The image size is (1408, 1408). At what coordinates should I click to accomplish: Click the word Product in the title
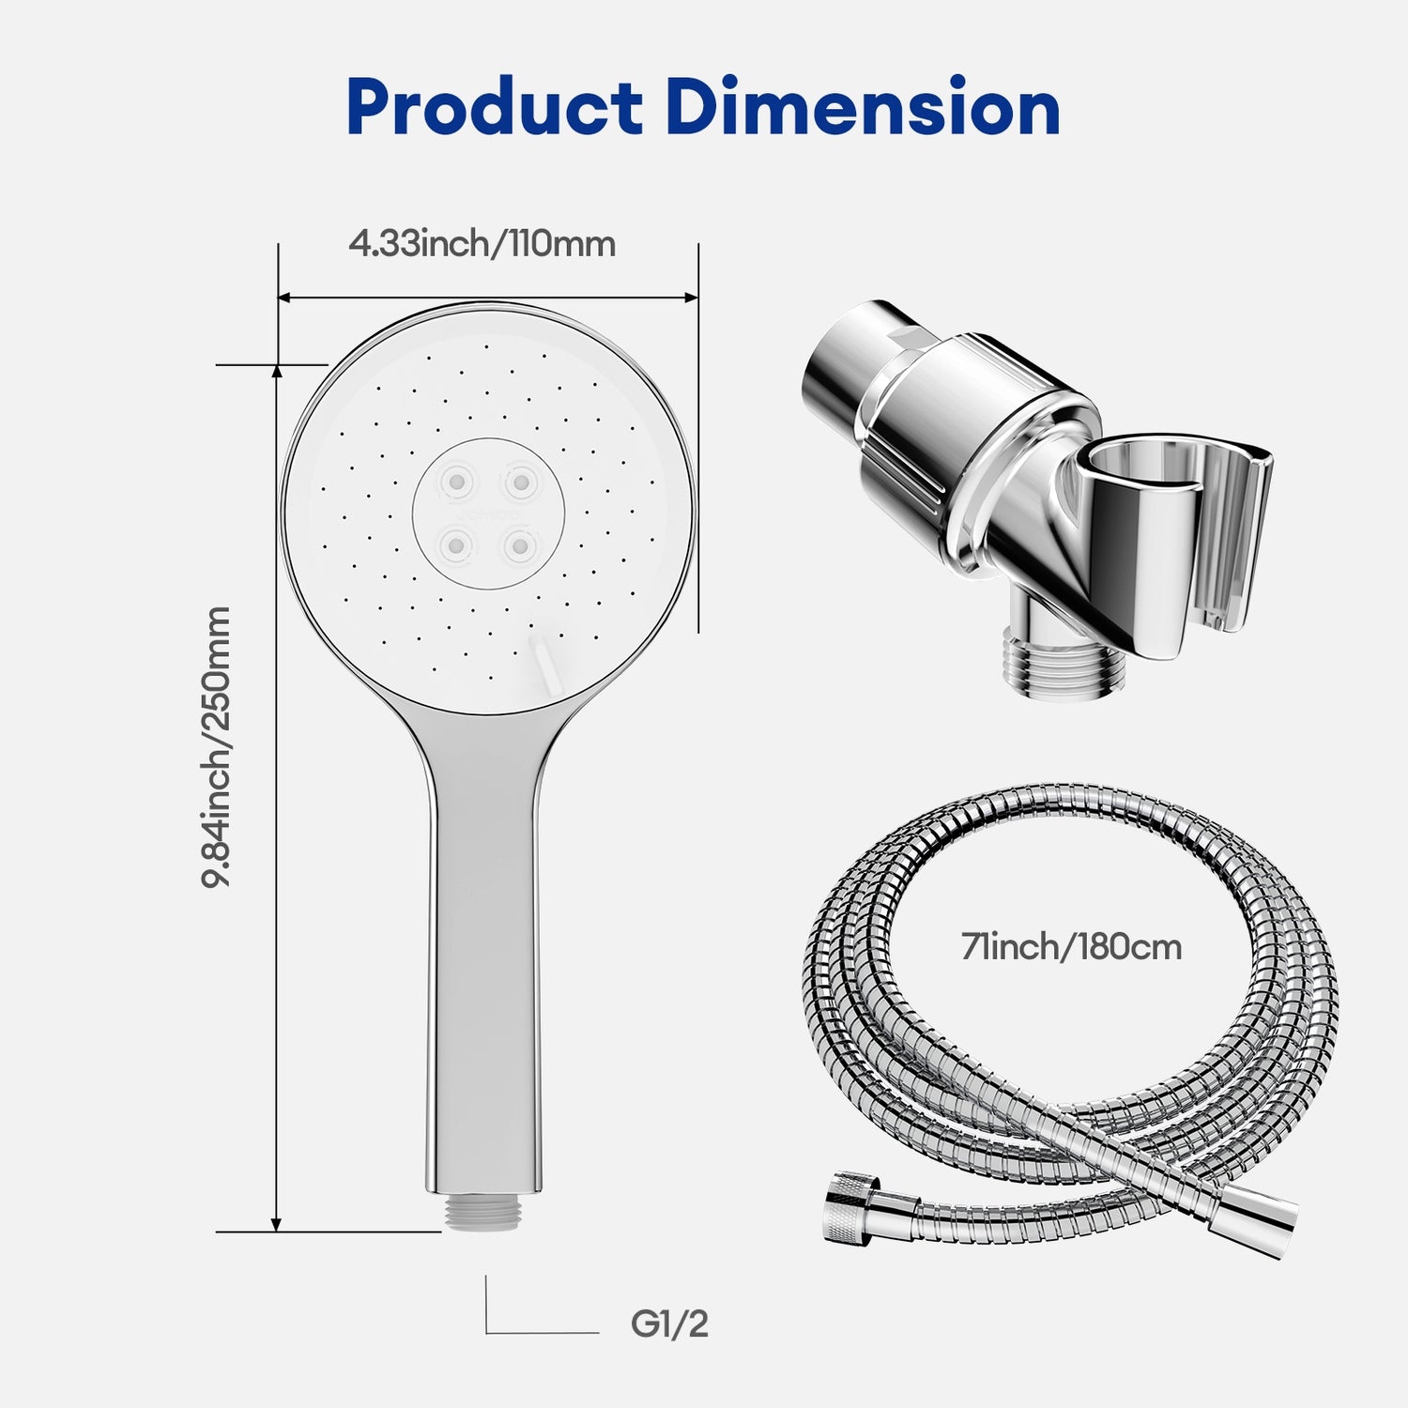pos(494,109)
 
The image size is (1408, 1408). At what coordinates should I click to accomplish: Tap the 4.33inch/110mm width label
pos(482,244)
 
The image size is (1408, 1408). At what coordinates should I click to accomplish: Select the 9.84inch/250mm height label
pos(218,746)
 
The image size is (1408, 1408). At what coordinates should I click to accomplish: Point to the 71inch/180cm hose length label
pos(1071,947)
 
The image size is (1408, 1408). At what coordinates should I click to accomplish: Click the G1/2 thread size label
pos(669,1324)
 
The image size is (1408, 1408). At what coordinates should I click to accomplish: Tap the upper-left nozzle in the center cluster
pos(457,482)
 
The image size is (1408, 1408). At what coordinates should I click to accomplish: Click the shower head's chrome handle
pos(482,939)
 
